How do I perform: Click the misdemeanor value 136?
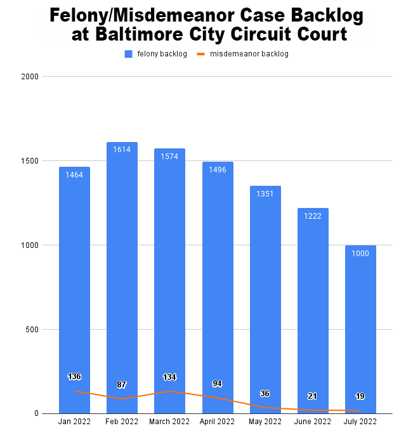[74, 377]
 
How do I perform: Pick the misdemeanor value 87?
[122, 385]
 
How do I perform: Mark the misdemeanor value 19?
[360, 396]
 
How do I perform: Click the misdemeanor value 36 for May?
[265, 394]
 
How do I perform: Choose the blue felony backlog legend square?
[128, 55]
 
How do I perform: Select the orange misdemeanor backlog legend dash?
[201, 55]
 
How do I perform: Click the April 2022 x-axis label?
[218, 422]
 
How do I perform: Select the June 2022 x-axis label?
[313, 422]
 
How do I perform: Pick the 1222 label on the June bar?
[313, 216]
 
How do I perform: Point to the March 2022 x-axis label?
[169, 422]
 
